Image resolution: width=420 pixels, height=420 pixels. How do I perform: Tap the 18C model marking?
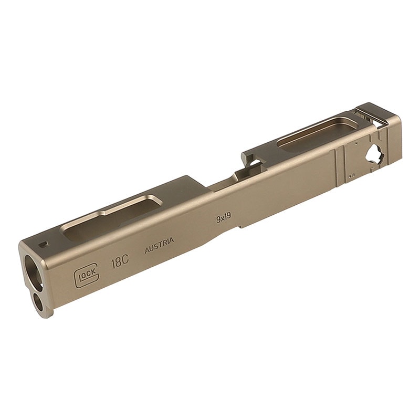(120, 261)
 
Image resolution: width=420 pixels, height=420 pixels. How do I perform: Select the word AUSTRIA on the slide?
(159, 245)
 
